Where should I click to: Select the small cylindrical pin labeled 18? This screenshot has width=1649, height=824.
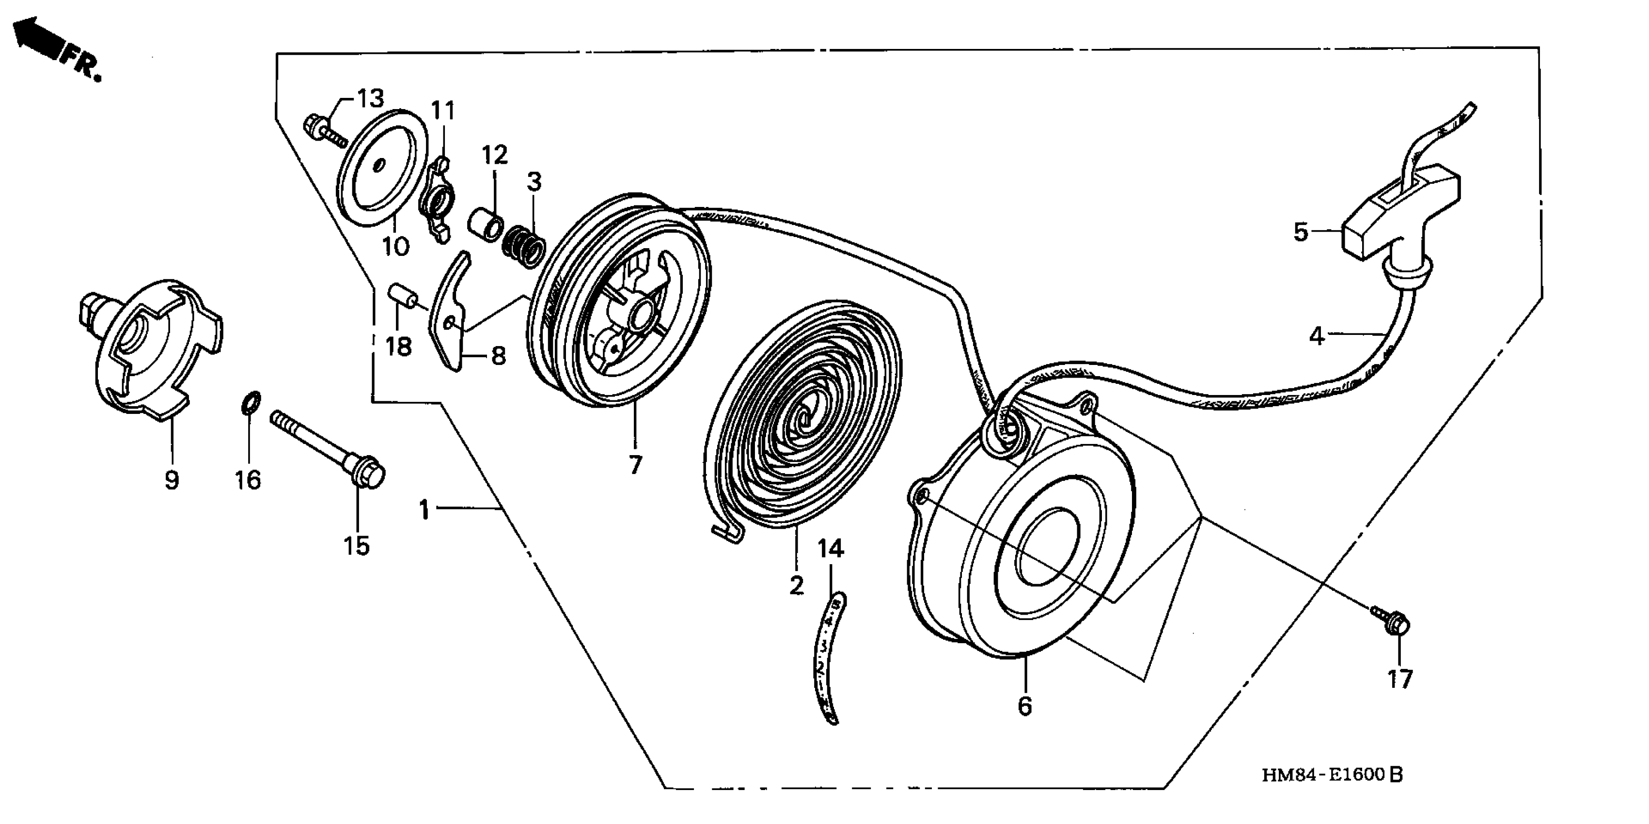(x=403, y=298)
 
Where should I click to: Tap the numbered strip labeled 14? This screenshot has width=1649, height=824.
(x=829, y=660)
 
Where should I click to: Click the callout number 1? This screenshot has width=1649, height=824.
(x=424, y=510)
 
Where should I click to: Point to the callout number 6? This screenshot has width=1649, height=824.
(x=1025, y=706)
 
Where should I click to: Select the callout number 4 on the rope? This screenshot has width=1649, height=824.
(x=1316, y=335)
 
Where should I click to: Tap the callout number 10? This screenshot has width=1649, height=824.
(x=395, y=245)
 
